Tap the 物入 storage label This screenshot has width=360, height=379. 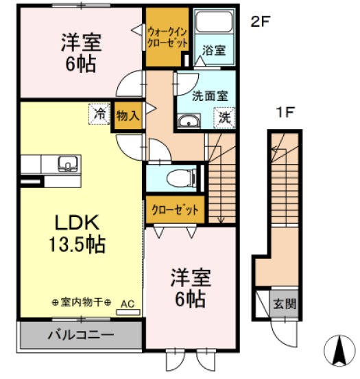coord(128,115)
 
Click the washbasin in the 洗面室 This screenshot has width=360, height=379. coord(187,122)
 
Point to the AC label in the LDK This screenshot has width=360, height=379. coord(128,302)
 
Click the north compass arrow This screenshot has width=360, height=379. coord(337,351)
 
